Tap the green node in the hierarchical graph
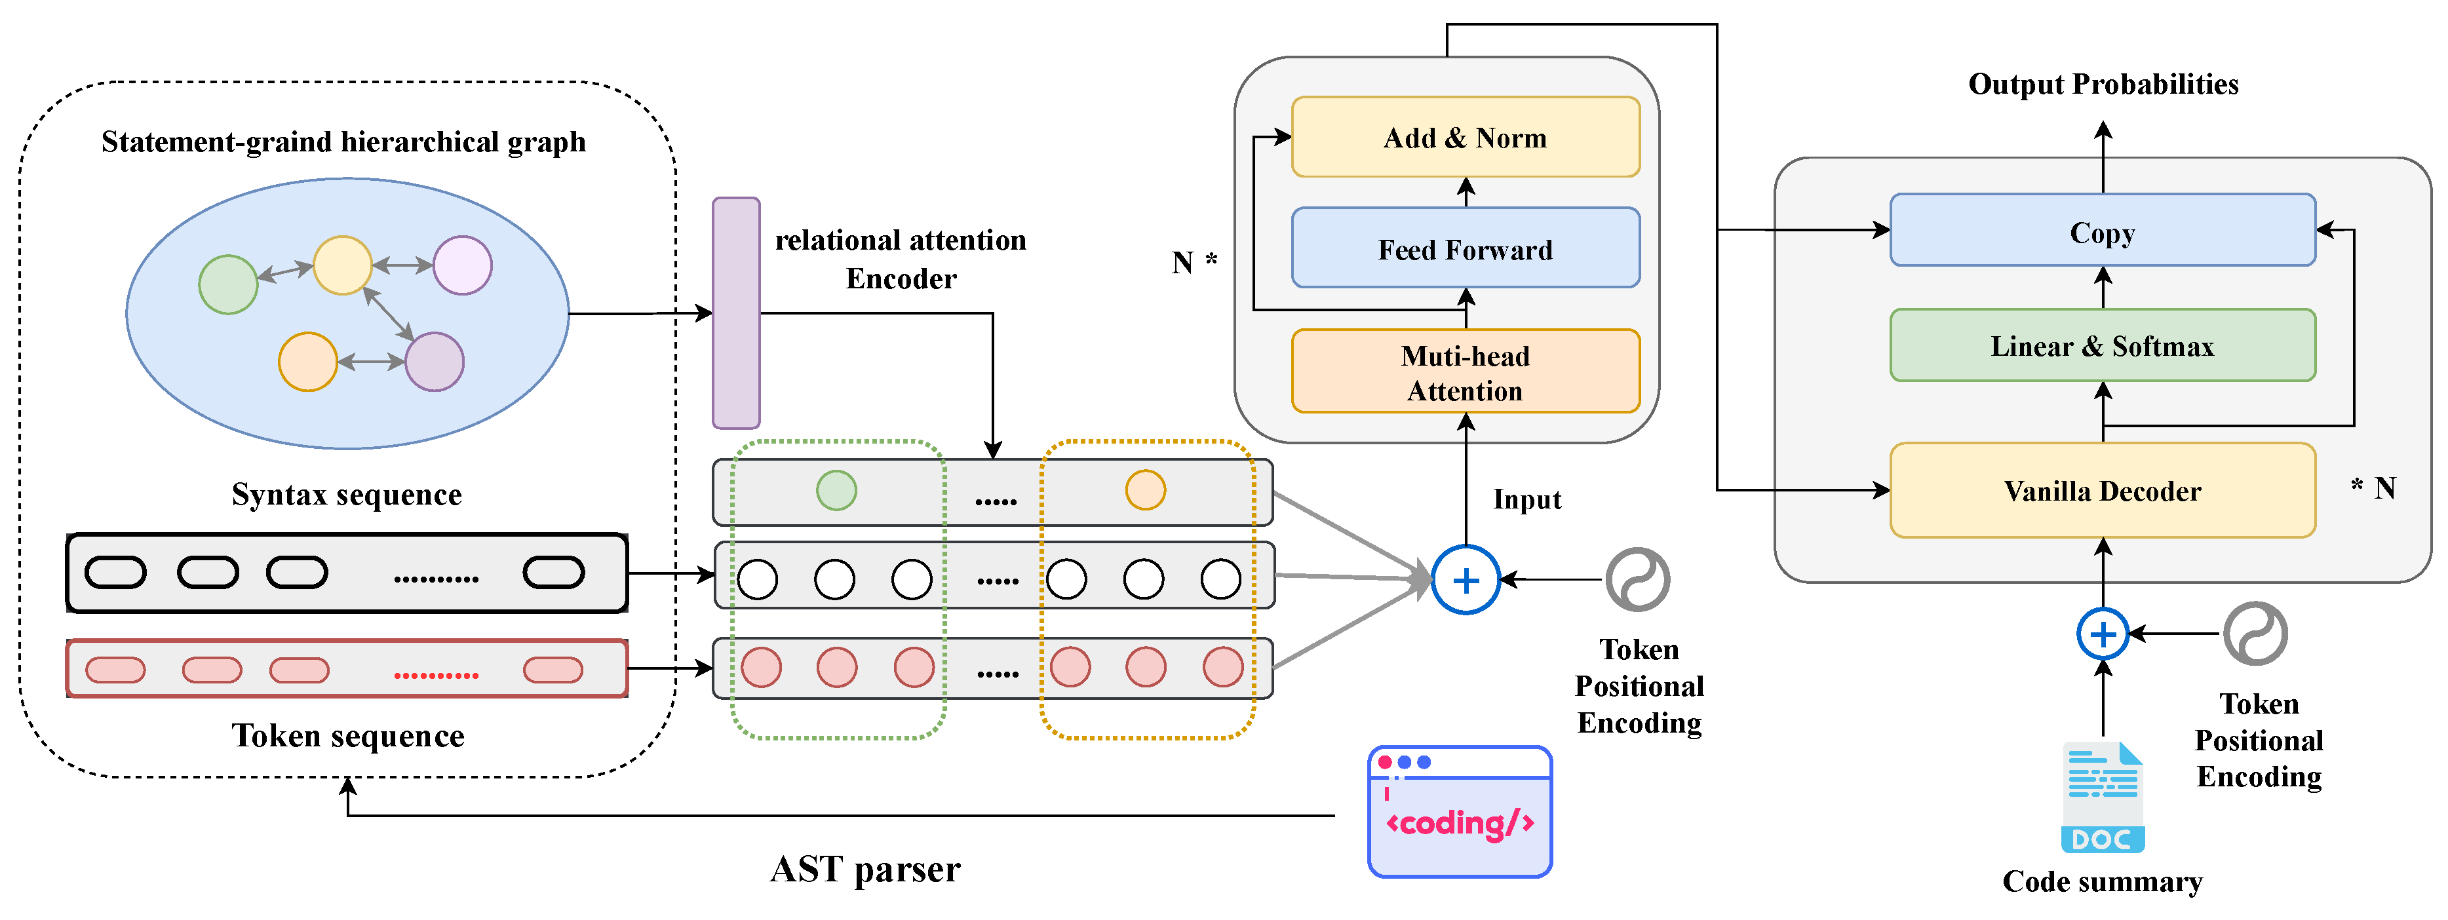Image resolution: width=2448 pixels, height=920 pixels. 228,284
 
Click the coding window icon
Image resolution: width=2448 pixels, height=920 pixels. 1459,813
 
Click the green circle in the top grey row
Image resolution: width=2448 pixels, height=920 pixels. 836,490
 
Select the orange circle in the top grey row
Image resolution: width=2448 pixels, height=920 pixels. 1145,490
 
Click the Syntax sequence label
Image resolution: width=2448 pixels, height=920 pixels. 347,494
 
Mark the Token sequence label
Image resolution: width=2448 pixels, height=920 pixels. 348,736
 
